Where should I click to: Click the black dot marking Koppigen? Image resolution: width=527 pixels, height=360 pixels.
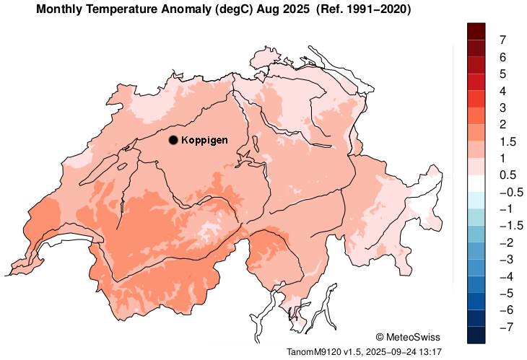pyautogui.click(x=173, y=140)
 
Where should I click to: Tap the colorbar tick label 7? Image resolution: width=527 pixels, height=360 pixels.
pyautogui.click(x=502, y=40)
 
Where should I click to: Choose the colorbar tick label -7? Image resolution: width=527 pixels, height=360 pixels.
pyautogui.click(x=504, y=327)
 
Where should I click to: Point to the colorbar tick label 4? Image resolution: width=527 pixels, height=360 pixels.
pyautogui.click(x=502, y=91)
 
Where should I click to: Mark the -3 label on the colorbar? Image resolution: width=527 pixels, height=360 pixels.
pyautogui.click(x=504, y=259)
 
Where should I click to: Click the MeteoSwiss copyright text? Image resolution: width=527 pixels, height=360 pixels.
pyautogui.click(x=408, y=337)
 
